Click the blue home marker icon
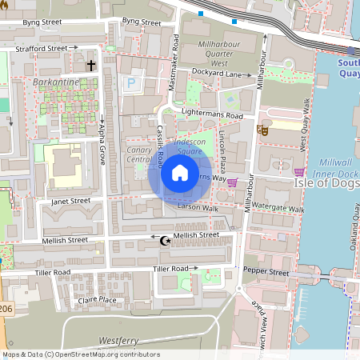(180, 172)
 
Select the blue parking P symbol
(131, 82)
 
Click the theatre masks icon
(262, 129)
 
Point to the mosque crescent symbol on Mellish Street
(166, 239)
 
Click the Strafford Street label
(41, 48)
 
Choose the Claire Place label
(97, 300)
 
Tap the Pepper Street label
(266, 273)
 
